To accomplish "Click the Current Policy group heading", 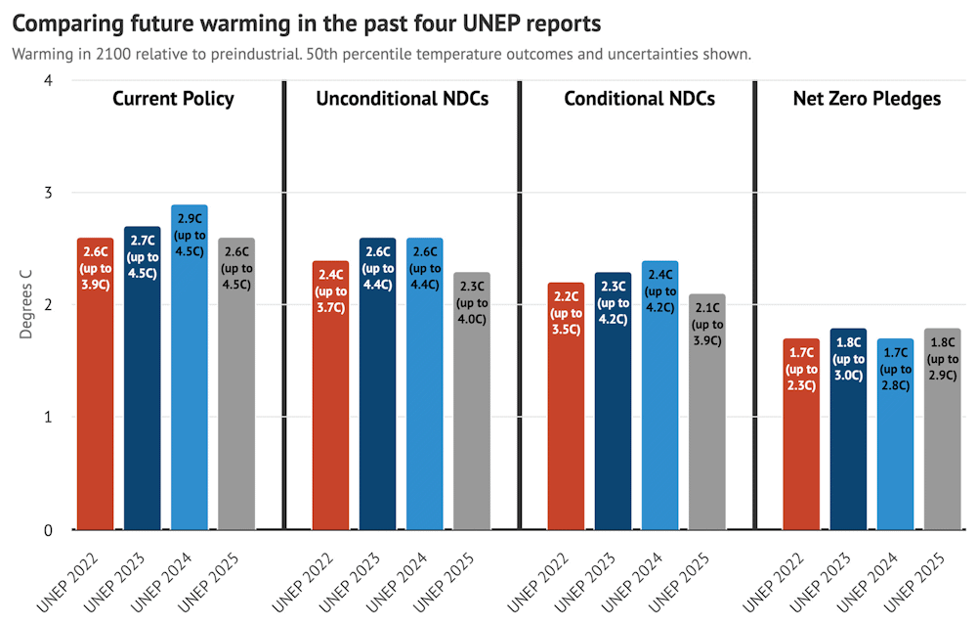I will pyautogui.click(x=173, y=99).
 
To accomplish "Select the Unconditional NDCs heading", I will pyautogui.click(x=402, y=99).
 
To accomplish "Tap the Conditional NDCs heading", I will pyautogui.click(x=640, y=99).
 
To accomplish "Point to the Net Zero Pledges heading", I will pyautogui.click(x=867, y=99).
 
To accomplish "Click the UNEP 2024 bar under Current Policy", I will pyautogui.click(x=189, y=391).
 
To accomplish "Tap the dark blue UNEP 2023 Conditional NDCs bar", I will pyautogui.click(x=613, y=411).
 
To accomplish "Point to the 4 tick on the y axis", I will pyautogui.click(x=49, y=80).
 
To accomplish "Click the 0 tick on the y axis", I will pyautogui.click(x=49, y=530).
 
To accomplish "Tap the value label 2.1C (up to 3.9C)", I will pyautogui.click(x=706, y=325).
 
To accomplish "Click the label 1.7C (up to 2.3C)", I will pyautogui.click(x=801, y=369).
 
